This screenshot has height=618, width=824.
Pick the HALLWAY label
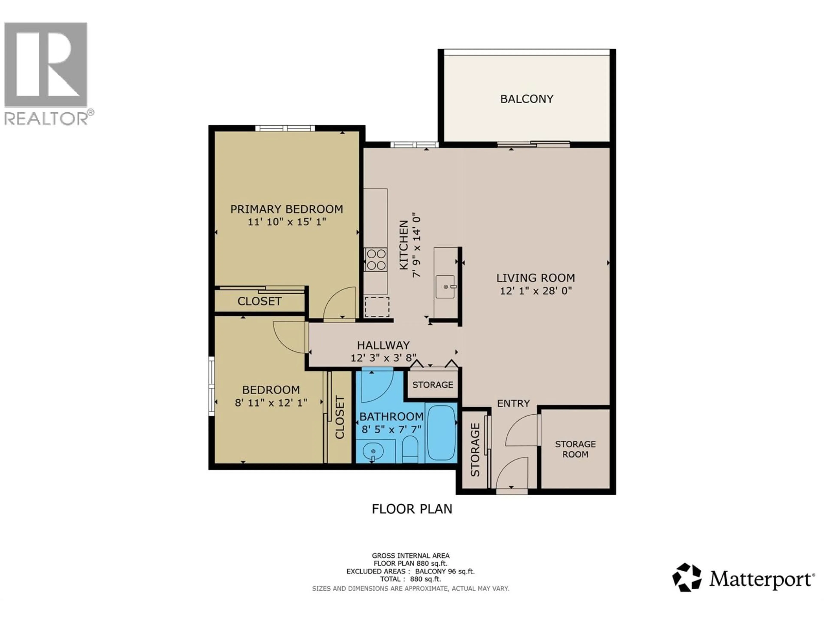click(383, 345)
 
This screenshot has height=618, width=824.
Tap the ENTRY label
click(513, 403)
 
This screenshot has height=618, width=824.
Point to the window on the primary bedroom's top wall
click(285, 129)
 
